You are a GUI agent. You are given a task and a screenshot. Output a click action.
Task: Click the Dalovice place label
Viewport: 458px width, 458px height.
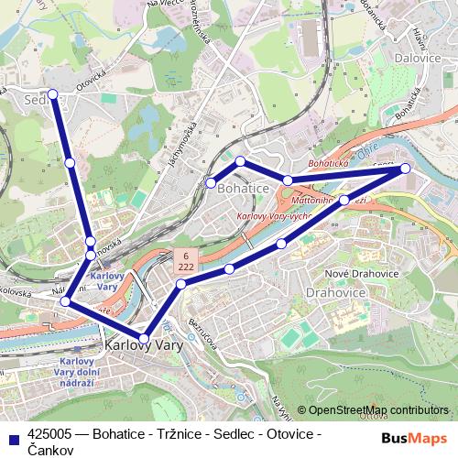417,58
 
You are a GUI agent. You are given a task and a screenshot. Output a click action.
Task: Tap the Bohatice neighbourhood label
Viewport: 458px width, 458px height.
243,187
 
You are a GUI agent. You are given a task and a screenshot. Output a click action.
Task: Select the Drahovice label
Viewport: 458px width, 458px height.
334,292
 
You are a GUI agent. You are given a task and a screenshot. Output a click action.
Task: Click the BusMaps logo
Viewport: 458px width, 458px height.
414,439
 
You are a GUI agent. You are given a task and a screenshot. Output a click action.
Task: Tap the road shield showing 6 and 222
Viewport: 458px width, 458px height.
185,260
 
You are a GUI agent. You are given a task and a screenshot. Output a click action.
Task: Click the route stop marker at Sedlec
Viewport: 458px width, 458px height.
53,93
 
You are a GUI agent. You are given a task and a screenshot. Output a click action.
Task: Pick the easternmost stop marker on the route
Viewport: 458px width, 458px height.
405,169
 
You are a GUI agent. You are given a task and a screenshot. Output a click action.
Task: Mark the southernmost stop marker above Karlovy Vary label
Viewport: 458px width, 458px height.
144,339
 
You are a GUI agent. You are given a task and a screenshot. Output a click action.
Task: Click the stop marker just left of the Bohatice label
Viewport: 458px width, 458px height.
211,183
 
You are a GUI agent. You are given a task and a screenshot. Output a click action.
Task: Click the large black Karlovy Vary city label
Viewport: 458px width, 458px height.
144,348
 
